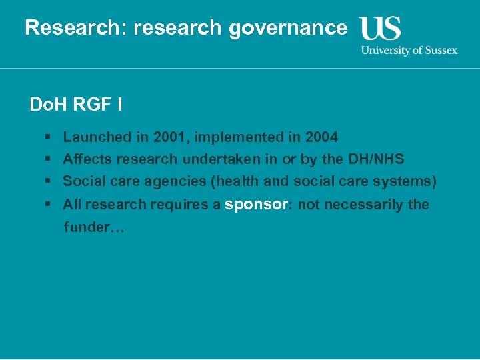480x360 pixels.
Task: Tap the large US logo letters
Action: (381, 29)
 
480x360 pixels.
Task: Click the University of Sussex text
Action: (409, 50)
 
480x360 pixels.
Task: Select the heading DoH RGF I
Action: (75, 105)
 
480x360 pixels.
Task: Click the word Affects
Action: (87, 159)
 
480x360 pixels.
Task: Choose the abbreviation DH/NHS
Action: (376, 159)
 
